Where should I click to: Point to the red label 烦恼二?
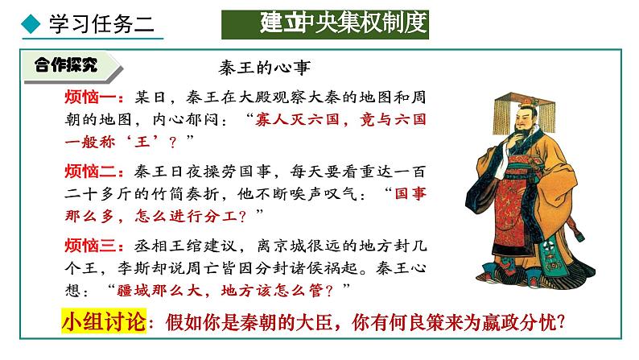94,172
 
